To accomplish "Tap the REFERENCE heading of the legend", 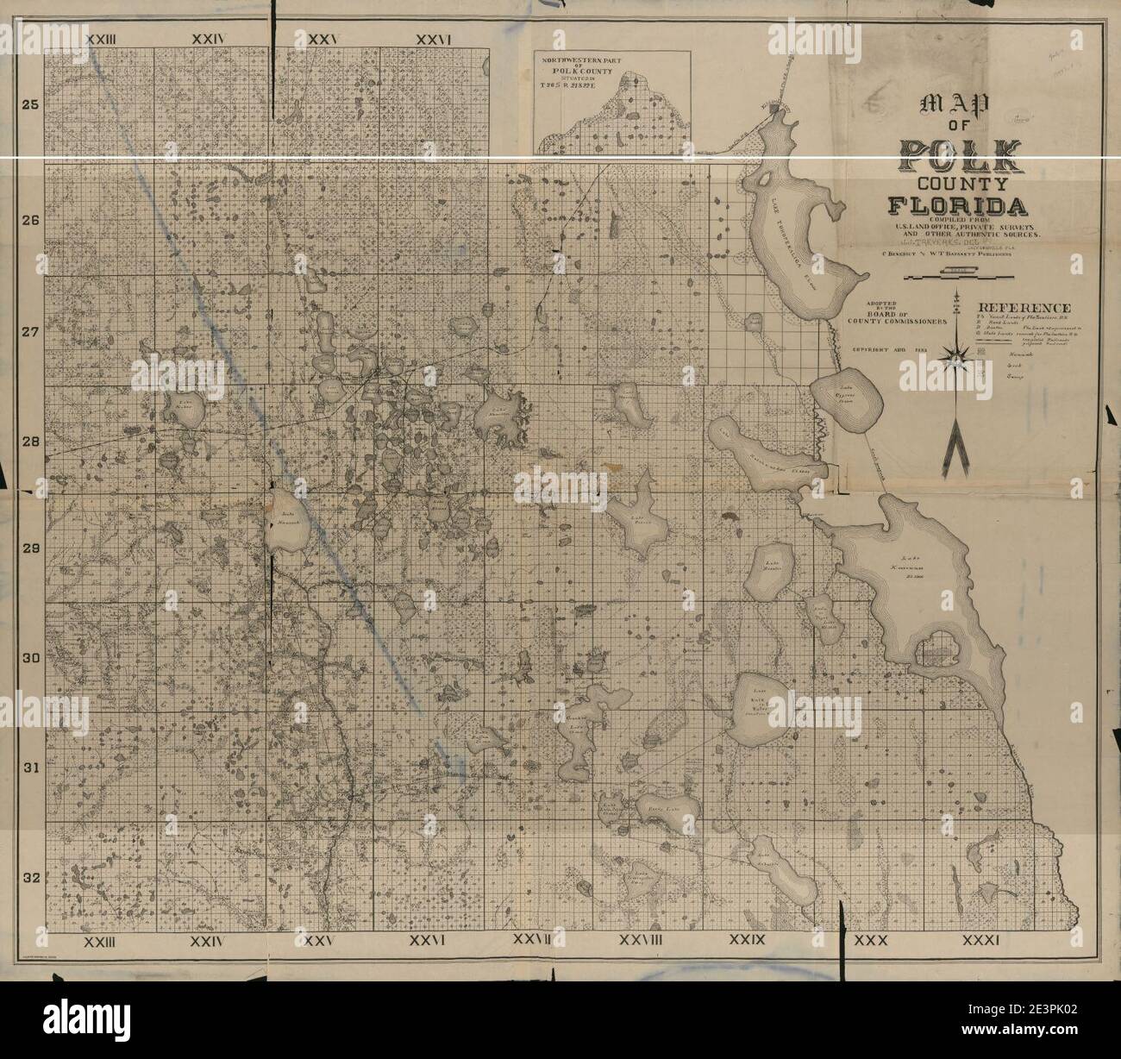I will click(x=1024, y=308).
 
